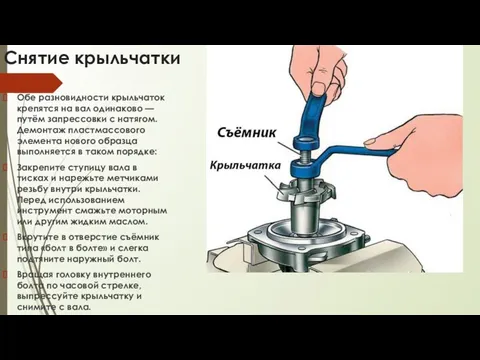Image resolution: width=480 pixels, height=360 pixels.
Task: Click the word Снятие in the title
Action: (37, 58)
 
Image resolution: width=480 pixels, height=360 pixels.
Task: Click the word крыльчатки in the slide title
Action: (127, 59)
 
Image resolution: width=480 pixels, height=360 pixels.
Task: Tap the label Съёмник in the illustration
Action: (247, 133)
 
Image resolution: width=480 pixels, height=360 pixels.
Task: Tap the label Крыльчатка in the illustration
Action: (245, 166)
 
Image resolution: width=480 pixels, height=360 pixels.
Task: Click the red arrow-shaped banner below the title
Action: (31, 83)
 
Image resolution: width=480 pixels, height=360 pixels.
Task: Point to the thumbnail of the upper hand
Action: (319, 88)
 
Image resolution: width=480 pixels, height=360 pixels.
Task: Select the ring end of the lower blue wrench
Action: (303, 168)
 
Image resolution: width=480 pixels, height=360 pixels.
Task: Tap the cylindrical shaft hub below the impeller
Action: (304, 217)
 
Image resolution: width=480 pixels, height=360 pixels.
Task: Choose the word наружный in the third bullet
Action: (97, 259)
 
